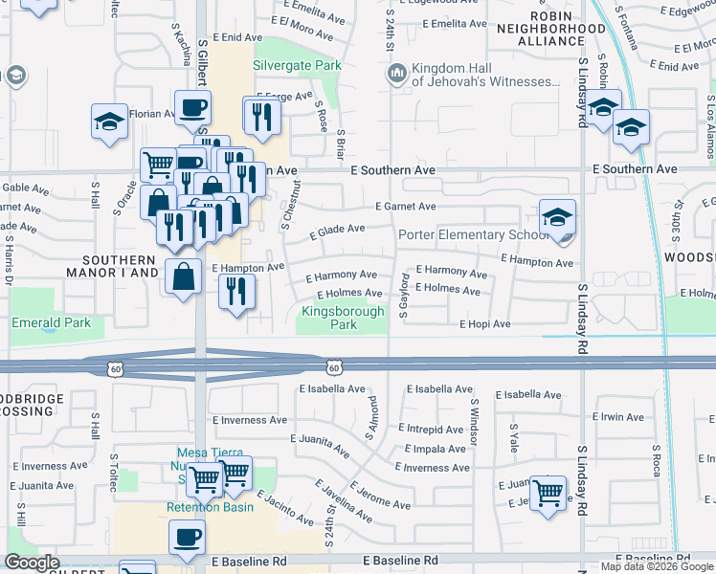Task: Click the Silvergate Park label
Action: point(297,65)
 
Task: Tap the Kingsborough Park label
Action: point(343,318)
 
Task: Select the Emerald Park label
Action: point(52,322)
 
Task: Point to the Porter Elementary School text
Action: point(474,234)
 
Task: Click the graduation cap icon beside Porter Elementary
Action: point(557,218)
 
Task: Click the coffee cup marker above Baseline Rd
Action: point(187,538)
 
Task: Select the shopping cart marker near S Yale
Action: point(548,494)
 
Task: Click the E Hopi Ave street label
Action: point(485,324)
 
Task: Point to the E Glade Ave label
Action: point(337,230)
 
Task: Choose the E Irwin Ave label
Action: point(623,417)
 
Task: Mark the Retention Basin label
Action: point(211,507)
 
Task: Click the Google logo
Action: point(33,563)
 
